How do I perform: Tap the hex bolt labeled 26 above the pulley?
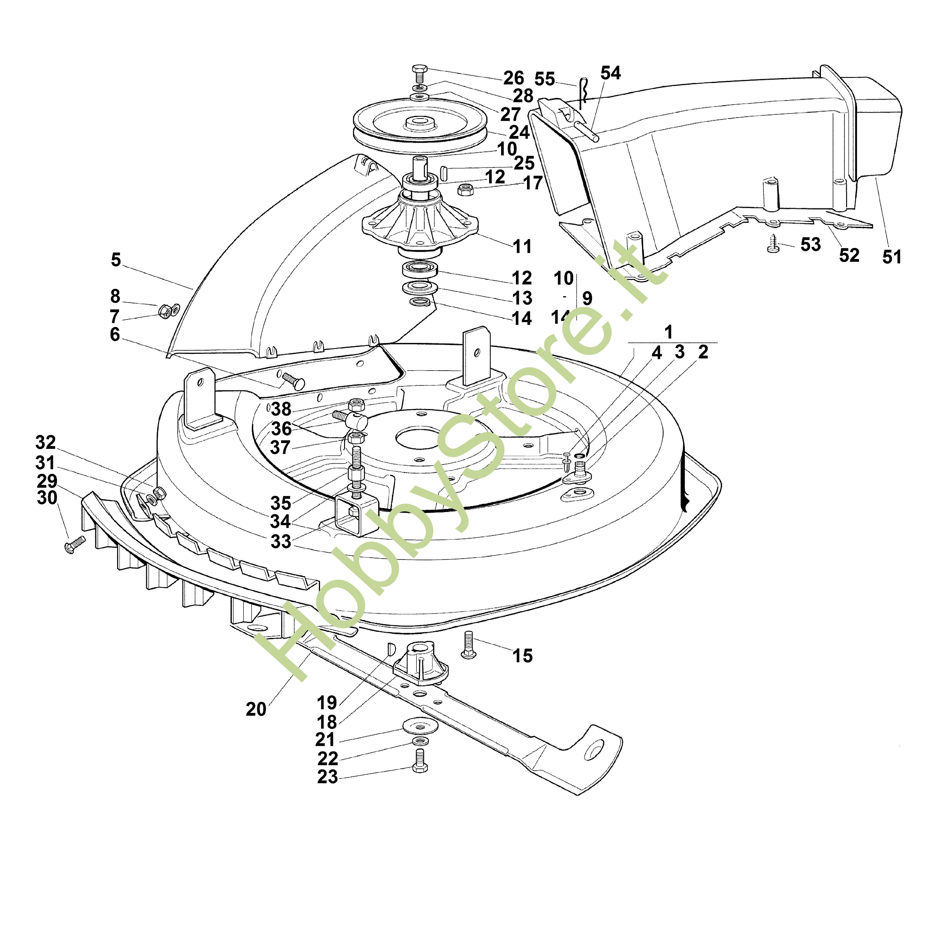[418, 75]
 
